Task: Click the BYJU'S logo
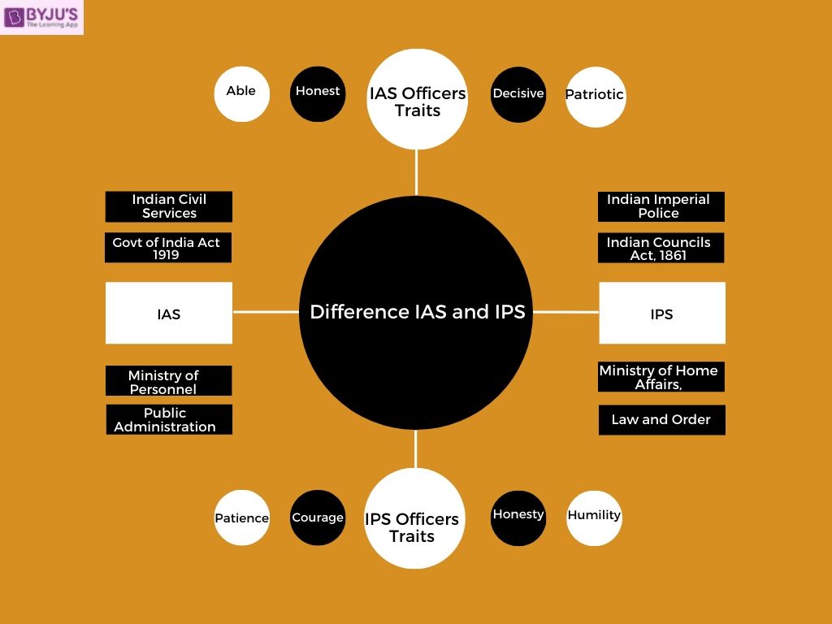(42, 17)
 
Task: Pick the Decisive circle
(518, 94)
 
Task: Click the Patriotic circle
(595, 96)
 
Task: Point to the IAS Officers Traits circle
(418, 99)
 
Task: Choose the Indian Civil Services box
(169, 206)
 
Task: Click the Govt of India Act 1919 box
(168, 248)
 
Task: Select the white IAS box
(169, 313)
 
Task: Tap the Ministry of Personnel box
(169, 381)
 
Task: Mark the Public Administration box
(169, 419)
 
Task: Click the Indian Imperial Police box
(661, 206)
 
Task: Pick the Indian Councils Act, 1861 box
(661, 248)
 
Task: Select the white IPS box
(662, 313)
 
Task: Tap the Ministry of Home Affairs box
(661, 377)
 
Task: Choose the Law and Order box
(661, 420)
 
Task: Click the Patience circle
(242, 518)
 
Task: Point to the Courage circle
(318, 518)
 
